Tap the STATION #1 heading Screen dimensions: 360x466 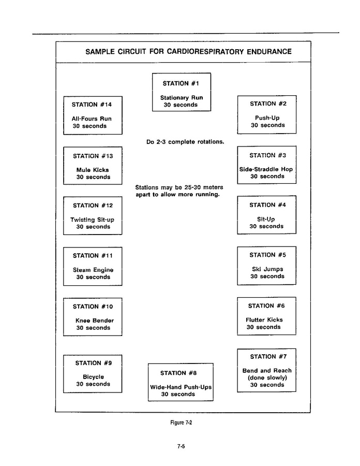pos(181,83)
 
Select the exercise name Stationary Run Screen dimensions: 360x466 pos(182,97)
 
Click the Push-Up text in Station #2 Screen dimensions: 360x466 pos(267,118)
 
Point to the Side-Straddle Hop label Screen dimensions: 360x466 pos(266,169)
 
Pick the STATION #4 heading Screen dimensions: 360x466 pos(267,205)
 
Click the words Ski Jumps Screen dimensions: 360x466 pos(267,269)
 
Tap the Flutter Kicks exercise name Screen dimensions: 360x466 pos(264,320)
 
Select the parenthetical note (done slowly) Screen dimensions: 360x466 pos(267,377)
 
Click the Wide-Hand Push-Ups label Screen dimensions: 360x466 pos(181,387)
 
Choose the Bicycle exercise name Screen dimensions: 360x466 pos(93,377)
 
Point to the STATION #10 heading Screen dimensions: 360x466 pos(93,307)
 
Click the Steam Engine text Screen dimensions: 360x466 pos(93,270)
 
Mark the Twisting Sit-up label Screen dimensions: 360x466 pos(92,220)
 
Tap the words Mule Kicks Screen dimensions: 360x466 pos(93,170)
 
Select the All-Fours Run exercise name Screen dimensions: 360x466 pos(92,119)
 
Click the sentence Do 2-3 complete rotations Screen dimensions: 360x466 pos(185,142)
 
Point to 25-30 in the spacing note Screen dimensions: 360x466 pos(192,187)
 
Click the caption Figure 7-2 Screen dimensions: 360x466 pos(181,423)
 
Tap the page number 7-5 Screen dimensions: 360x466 pos(181,446)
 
